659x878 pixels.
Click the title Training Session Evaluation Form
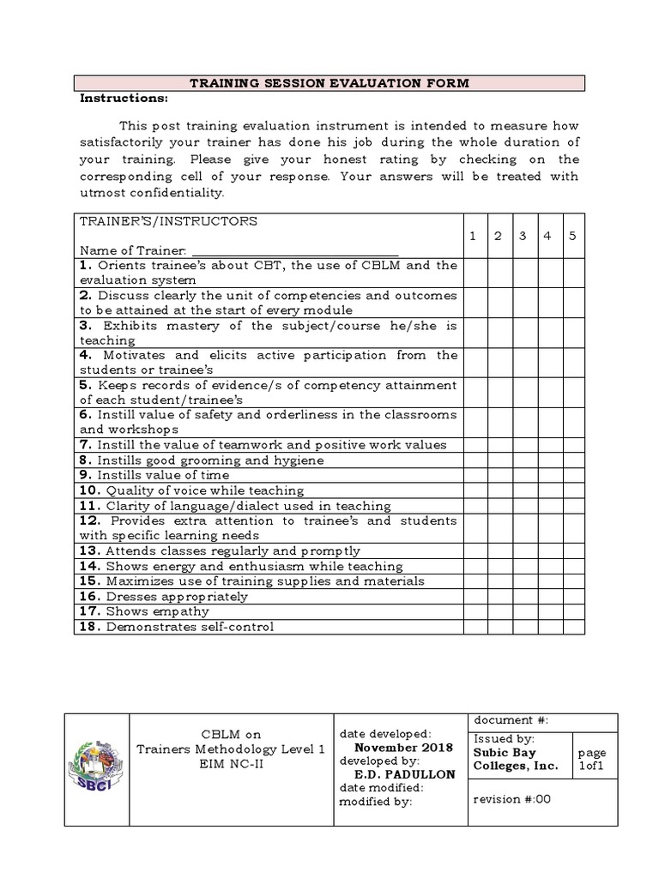point(329,83)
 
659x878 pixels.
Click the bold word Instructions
point(124,98)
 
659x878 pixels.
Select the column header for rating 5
point(572,235)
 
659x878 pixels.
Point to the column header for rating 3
point(523,235)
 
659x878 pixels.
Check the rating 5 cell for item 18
point(572,627)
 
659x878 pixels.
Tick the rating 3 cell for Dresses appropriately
point(523,596)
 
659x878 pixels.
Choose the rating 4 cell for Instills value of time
point(547,475)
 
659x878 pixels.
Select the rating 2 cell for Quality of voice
point(499,490)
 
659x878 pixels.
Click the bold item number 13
point(90,550)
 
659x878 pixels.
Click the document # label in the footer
point(511,721)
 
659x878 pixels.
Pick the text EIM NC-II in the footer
point(230,763)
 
